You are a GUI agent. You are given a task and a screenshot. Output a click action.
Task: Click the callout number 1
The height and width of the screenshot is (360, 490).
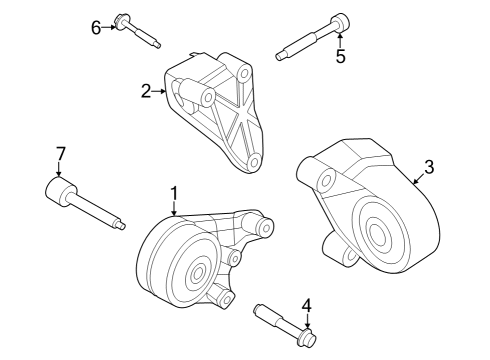[x=173, y=192]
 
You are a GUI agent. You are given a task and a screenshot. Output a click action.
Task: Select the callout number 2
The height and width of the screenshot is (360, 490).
[x=146, y=92]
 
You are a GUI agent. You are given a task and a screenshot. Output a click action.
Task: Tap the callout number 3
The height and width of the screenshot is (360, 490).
[x=428, y=167]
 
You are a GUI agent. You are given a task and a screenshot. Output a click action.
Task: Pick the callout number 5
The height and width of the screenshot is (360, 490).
[x=340, y=57]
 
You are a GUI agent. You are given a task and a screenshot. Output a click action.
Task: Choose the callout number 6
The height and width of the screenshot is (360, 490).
[x=97, y=27]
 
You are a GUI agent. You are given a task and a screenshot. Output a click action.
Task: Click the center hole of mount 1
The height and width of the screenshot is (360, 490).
[x=196, y=272]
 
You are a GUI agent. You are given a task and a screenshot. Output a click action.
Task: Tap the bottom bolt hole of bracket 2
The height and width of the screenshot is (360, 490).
[x=255, y=161]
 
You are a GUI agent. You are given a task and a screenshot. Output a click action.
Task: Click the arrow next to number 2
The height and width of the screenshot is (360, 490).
[x=159, y=92]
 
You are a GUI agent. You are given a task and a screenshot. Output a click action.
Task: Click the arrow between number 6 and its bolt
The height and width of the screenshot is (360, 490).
[x=110, y=26]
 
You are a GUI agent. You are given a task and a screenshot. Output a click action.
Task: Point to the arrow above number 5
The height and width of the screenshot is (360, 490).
[x=340, y=40]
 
